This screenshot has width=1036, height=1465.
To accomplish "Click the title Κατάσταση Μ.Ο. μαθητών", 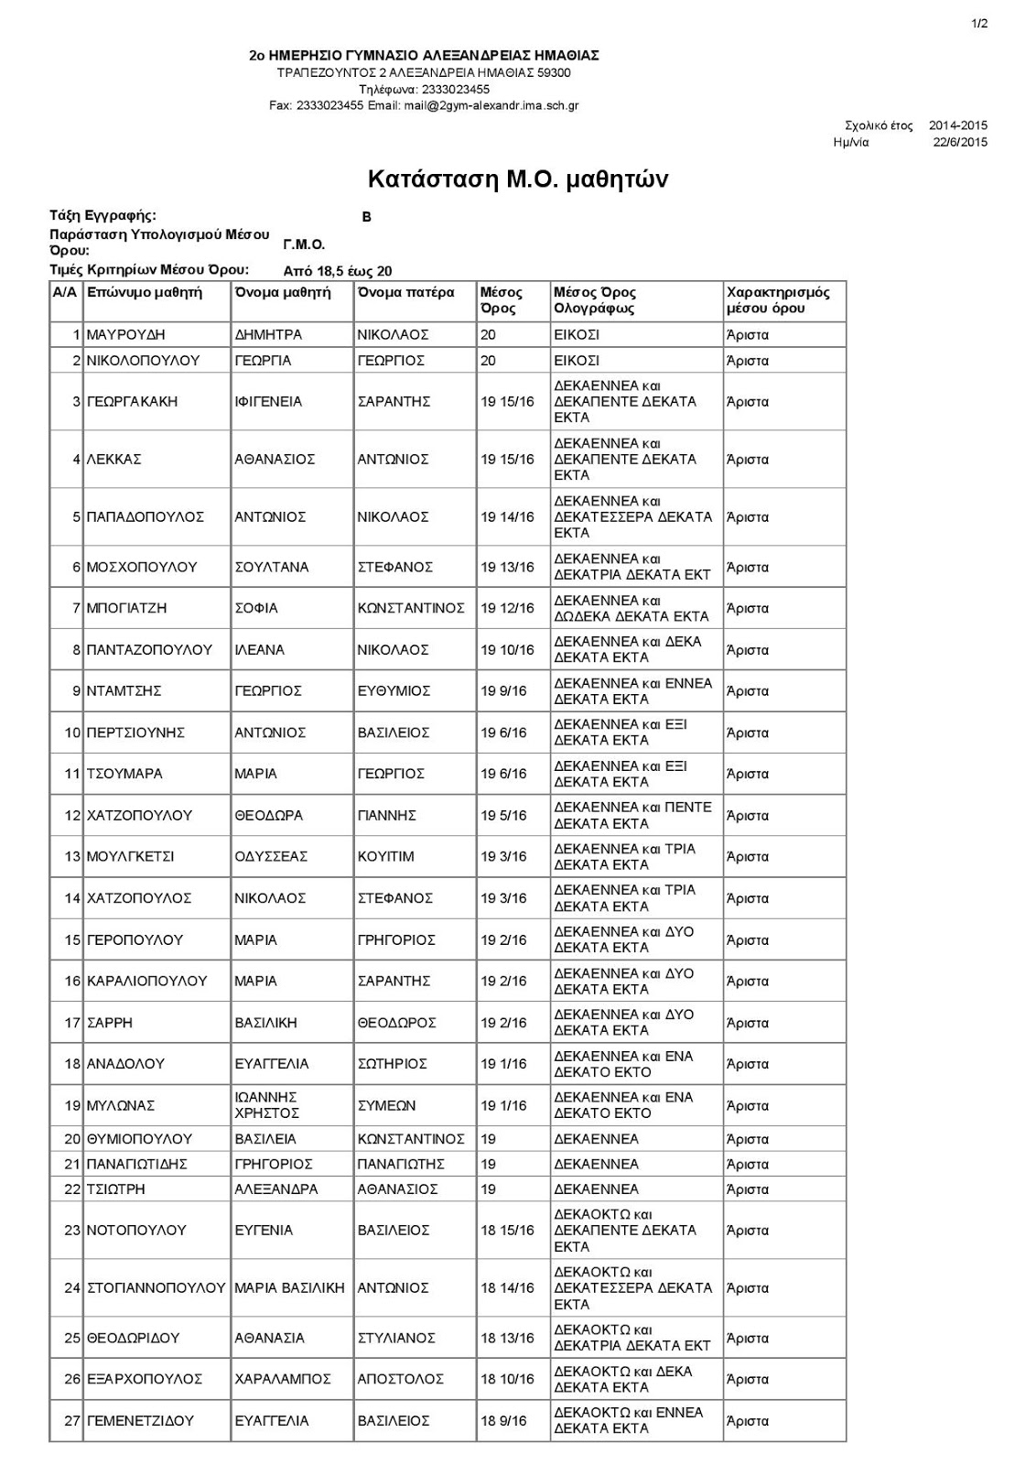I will coord(517,179).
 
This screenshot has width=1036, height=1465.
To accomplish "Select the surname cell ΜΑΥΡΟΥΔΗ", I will coord(125,335).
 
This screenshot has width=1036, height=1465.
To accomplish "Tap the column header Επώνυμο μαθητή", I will coord(144,293).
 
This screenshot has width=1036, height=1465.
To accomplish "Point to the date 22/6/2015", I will coord(960,142).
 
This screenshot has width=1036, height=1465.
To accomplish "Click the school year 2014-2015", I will coord(958,125).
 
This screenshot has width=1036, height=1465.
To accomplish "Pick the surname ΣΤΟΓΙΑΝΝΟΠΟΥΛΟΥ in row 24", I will coord(156,1288).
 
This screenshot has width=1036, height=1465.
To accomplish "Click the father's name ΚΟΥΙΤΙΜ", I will coord(385,857).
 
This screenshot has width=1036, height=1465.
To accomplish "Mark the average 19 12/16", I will coord(507,608).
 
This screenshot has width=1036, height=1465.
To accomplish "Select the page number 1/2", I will coord(980,25).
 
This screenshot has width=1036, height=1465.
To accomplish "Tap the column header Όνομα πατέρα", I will coord(405,293).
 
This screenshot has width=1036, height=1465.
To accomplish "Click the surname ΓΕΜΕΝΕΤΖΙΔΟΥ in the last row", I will coord(140,1421).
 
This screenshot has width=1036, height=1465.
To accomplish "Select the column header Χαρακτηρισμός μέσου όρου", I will coord(778,300).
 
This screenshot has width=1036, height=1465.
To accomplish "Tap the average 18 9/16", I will coord(503,1421).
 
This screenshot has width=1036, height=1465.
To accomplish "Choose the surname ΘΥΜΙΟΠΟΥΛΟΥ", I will coord(139,1139).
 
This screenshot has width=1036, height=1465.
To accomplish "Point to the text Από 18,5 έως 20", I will coord(338,271).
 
